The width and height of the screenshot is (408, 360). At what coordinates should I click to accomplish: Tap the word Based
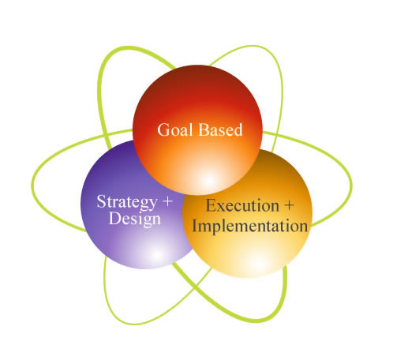220,129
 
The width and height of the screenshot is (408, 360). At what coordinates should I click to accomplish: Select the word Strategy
127,203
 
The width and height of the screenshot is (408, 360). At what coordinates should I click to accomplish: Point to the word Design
135,219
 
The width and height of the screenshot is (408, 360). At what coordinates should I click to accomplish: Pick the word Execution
242,205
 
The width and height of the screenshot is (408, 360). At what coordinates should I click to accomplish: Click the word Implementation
249,227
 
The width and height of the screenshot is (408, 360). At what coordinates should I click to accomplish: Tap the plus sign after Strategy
167,202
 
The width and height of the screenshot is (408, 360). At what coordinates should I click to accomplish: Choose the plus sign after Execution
289,205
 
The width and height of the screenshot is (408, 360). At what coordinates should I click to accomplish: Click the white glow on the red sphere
208,180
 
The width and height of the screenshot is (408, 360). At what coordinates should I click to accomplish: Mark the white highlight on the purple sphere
157,254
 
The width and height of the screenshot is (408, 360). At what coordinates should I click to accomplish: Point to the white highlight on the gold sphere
258,263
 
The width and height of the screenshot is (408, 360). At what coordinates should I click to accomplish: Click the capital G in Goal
163,129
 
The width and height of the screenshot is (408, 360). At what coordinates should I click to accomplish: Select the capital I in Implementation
195,227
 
